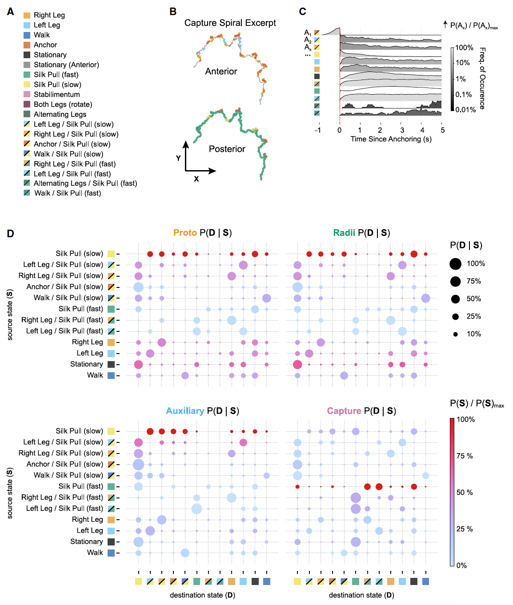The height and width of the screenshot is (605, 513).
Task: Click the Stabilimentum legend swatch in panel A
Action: pyautogui.click(x=27, y=95)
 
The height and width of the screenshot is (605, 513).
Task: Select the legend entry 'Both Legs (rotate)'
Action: pyautogui.click(x=63, y=104)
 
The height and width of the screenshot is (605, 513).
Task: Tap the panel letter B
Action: pyautogui.click(x=173, y=12)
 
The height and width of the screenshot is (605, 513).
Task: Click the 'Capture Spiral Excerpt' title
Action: pyautogui.click(x=230, y=23)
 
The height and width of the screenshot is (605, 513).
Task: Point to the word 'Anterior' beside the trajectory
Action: pyautogui.click(x=221, y=72)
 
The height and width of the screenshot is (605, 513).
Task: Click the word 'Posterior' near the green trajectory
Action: pyautogui.click(x=227, y=149)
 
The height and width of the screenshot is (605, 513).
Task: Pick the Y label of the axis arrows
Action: pyautogui.click(x=178, y=158)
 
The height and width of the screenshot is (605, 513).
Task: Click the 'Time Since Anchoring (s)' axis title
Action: pyautogui.click(x=391, y=139)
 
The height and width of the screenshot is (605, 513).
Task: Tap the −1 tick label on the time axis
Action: pyautogui.click(x=317, y=130)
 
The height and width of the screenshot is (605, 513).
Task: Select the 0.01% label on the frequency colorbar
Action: pyautogui.click(x=465, y=110)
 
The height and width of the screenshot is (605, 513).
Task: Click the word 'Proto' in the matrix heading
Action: pyautogui.click(x=185, y=233)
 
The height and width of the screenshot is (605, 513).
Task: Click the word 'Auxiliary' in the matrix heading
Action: pyautogui.click(x=185, y=411)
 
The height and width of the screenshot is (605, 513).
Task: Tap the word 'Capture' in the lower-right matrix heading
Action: pyautogui.click(x=344, y=411)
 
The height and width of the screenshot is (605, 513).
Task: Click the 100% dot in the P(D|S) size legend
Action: pyautogui.click(x=455, y=264)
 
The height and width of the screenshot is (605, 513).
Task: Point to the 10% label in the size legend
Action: pyautogui.click(x=473, y=334)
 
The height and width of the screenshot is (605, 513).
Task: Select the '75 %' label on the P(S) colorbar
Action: pyautogui.click(x=465, y=456)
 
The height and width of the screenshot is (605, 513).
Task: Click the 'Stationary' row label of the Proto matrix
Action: pyautogui.click(x=86, y=364)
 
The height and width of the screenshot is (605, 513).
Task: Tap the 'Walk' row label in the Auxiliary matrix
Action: pyautogui.click(x=95, y=553)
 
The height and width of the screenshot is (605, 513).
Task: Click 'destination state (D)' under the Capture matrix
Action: pyautogui.click(x=361, y=595)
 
